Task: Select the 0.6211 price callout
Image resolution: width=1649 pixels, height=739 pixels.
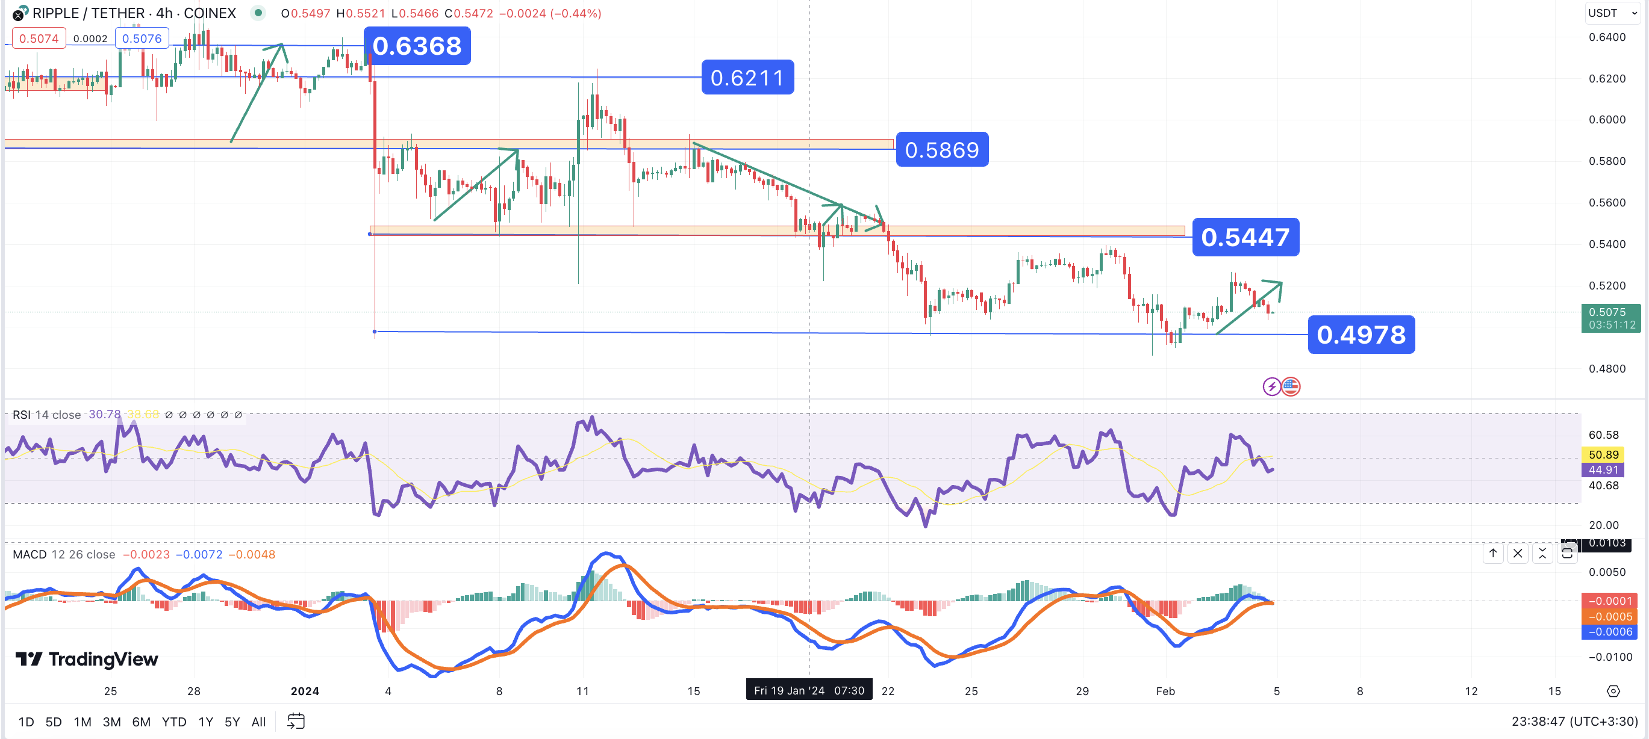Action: tap(747, 78)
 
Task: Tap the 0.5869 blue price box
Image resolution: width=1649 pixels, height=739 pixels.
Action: tap(942, 150)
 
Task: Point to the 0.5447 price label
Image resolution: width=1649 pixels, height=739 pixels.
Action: tap(1245, 237)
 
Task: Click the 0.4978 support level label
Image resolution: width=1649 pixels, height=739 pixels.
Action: tap(1361, 335)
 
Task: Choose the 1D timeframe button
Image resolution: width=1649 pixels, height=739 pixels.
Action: tap(26, 722)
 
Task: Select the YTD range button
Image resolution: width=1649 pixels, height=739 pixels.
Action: tap(173, 722)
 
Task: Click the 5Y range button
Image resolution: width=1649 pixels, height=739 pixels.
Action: tap(232, 722)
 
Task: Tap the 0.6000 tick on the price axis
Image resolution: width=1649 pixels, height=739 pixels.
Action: tap(1607, 120)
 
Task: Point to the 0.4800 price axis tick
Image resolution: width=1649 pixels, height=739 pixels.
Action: tap(1607, 368)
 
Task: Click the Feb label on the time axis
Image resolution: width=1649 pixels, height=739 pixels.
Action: tap(1165, 691)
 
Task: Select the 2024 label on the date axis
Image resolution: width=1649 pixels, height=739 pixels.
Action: tap(305, 691)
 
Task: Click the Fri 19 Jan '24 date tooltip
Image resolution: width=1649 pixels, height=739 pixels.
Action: tap(808, 690)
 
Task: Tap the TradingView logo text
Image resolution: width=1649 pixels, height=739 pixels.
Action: tap(103, 659)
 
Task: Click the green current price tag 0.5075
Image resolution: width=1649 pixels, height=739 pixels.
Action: tap(1610, 318)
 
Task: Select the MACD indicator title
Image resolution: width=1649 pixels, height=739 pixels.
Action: tap(30, 554)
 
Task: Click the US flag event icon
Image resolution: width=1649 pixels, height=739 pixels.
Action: tap(1291, 386)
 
